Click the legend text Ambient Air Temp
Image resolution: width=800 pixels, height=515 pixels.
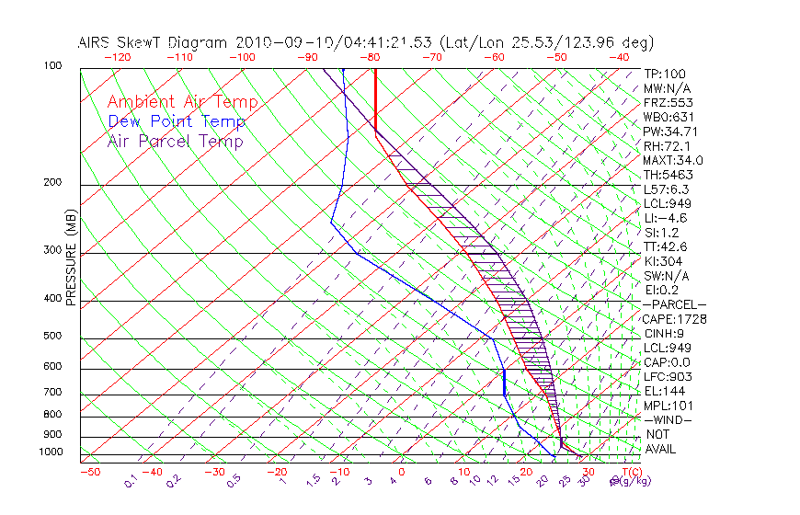tap(182, 102)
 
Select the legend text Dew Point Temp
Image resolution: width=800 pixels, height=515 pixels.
tap(177, 121)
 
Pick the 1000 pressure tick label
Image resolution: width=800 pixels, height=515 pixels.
tap(51, 452)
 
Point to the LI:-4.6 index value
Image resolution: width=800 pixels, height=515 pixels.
tap(666, 217)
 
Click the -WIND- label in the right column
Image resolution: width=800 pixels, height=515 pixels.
tap(669, 419)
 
